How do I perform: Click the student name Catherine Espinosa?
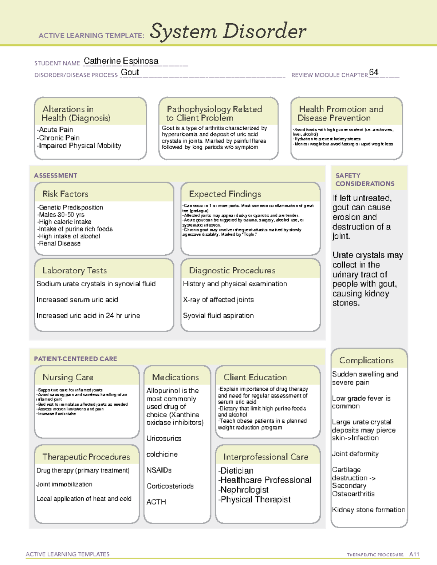point(121,61)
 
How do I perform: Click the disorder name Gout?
point(130,72)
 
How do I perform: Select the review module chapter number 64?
point(374,72)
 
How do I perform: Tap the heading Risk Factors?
point(66,194)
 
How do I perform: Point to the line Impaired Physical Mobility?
point(80,146)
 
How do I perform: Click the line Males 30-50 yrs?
point(61,215)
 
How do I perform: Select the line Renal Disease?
point(59,243)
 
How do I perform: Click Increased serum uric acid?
point(77,300)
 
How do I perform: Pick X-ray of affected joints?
point(218,300)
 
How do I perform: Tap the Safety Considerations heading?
point(365,179)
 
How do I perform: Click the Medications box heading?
point(176,377)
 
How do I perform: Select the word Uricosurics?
point(164,438)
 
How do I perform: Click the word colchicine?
point(162,454)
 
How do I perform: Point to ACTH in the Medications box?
point(156,502)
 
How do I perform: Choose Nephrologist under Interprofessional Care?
point(244,490)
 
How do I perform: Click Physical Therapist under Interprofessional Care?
point(255,500)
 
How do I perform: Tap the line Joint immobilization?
point(64,484)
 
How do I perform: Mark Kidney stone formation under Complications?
point(369,510)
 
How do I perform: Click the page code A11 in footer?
point(414,554)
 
